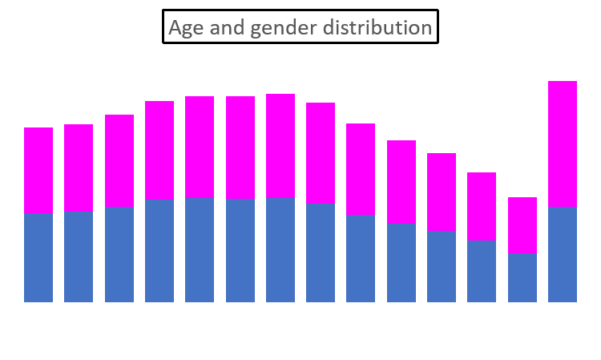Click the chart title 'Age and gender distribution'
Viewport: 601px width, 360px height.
pyautogui.click(x=300, y=27)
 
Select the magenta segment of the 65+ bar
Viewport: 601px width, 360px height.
pyautogui.click(x=563, y=144)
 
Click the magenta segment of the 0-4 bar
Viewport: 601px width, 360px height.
pyautogui.click(x=38, y=170)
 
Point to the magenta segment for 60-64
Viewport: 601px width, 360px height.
pyautogui.click(x=522, y=224)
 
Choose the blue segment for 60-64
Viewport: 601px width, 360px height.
pyautogui.click(x=522, y=277)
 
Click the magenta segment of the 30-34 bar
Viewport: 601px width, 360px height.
pyautogui.click(x=280, y=146)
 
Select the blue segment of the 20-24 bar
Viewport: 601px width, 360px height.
pyautogui.click(x=200, y=249)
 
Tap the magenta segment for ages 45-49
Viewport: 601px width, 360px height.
pyautogui.click(x=401, y=182)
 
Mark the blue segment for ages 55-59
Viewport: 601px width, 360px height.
pyautogui.click(x=482, y=270)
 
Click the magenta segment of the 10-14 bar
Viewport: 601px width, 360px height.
pyautogui.click(x=119, y=160)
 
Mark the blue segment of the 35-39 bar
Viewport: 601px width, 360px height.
pyautogui.click(x=321, y=252)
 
